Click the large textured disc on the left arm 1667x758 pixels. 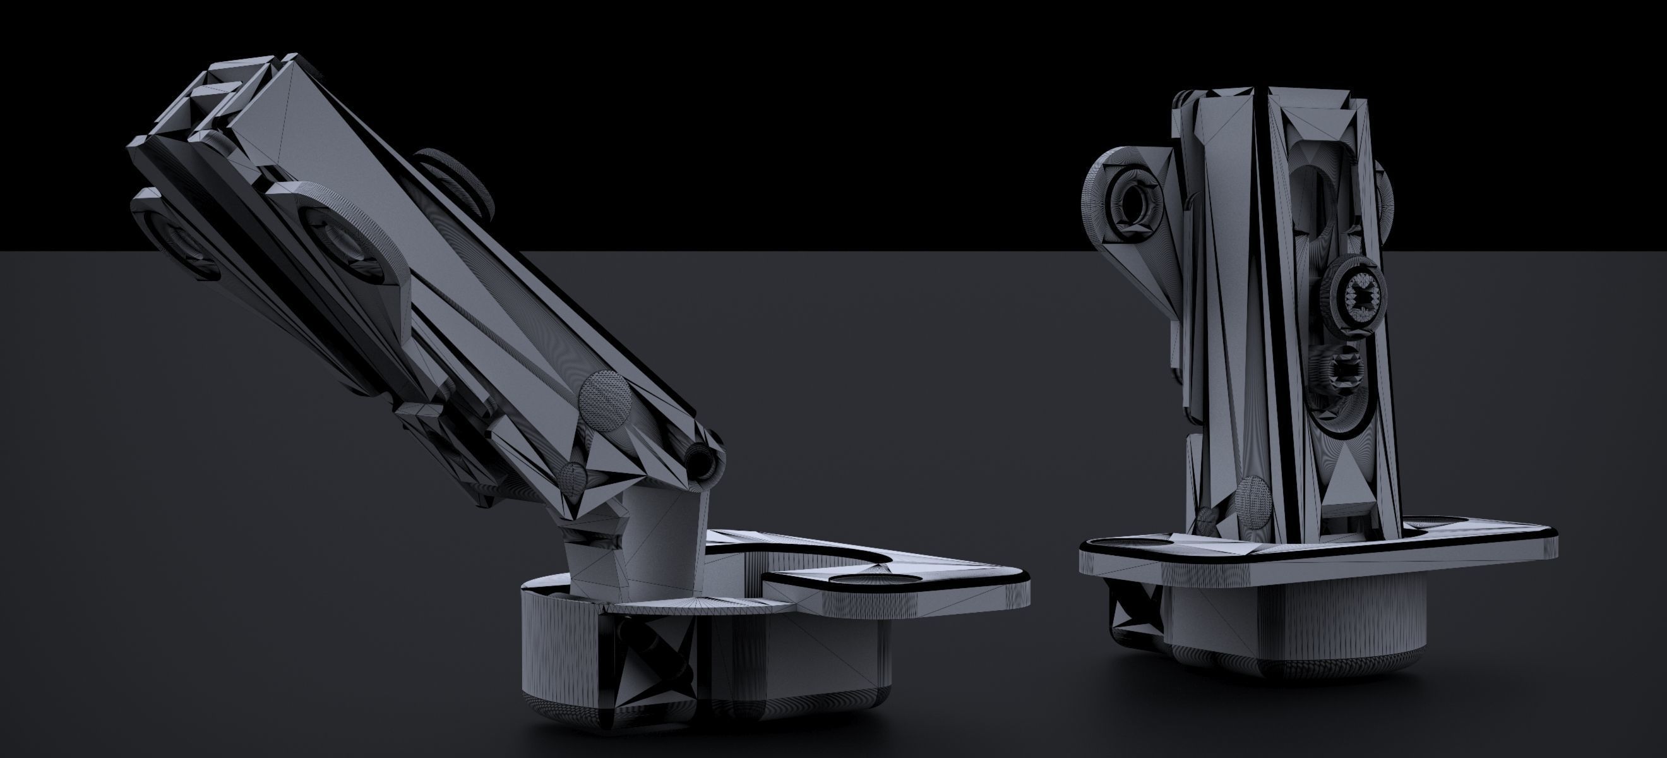click(605, 401)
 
